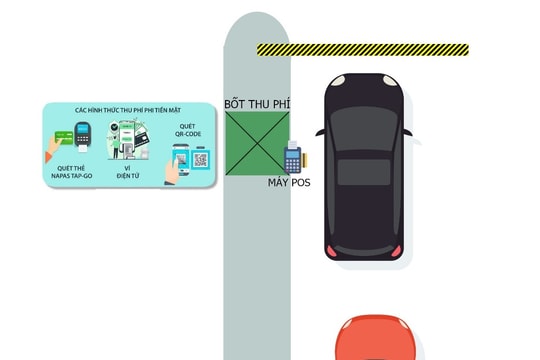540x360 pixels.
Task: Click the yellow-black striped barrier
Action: click(x=362, y=49)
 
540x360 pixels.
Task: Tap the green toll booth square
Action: click(x=257, y=144)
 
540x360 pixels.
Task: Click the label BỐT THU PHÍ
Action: click(x=257, y=103)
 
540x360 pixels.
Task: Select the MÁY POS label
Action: click(x=289, y=183)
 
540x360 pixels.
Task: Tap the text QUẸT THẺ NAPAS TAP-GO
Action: click(x=74, y=173)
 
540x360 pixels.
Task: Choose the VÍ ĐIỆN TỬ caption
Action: click(x=128, y=173)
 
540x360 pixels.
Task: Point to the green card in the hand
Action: click(x=62, y=136)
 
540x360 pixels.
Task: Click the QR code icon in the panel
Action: click(x=201, y=160)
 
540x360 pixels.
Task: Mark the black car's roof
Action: click(x=364, y=175)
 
